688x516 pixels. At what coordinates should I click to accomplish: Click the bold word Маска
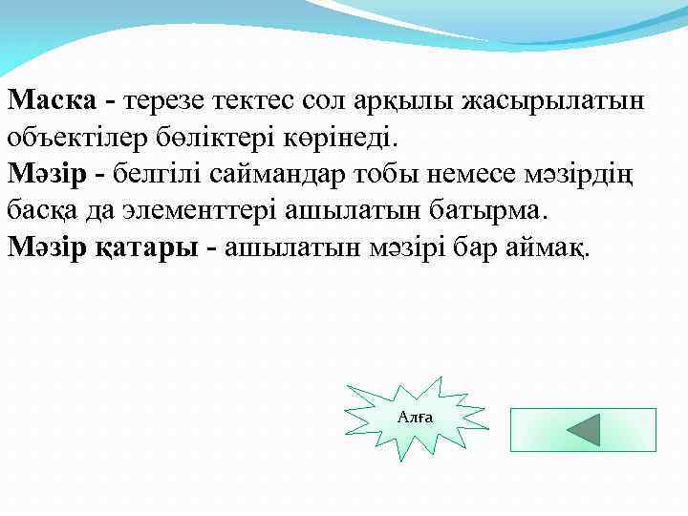coord(52,99)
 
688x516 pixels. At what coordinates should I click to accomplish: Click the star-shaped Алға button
coord(414,418)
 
